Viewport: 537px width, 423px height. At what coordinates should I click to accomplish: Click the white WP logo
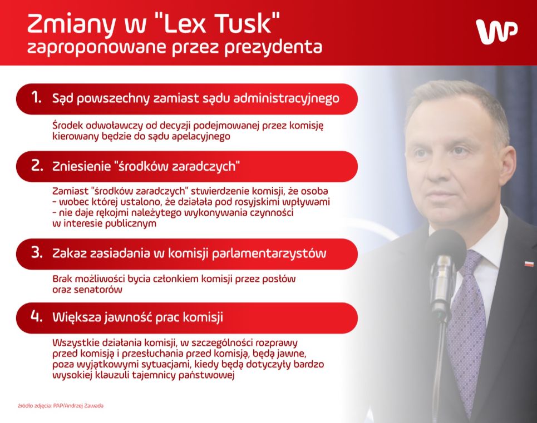(496, 32)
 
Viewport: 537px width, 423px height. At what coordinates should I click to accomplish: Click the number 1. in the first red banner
(36, 98)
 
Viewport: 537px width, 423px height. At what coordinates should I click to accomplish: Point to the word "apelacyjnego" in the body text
(199, 136)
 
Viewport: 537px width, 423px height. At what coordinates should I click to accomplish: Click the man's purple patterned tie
(465, 328)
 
